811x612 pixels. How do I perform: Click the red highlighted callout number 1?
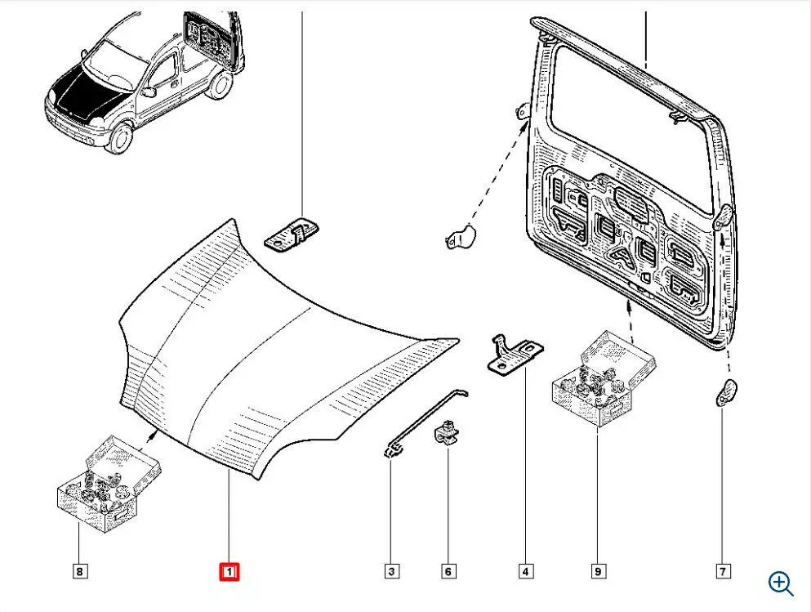pos(229,572)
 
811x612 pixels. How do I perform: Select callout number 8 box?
pos(79,572)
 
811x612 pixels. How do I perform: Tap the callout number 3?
pos(391,572)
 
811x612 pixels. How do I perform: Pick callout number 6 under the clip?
pos(448,572)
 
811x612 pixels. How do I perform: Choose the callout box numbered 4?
pos(525,572)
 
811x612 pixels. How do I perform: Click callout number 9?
pos(597,572)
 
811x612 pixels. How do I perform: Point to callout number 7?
pos(723,572)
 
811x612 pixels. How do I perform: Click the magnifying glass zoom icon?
pos(781,583)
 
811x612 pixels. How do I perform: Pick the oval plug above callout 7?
pos(724,392)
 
